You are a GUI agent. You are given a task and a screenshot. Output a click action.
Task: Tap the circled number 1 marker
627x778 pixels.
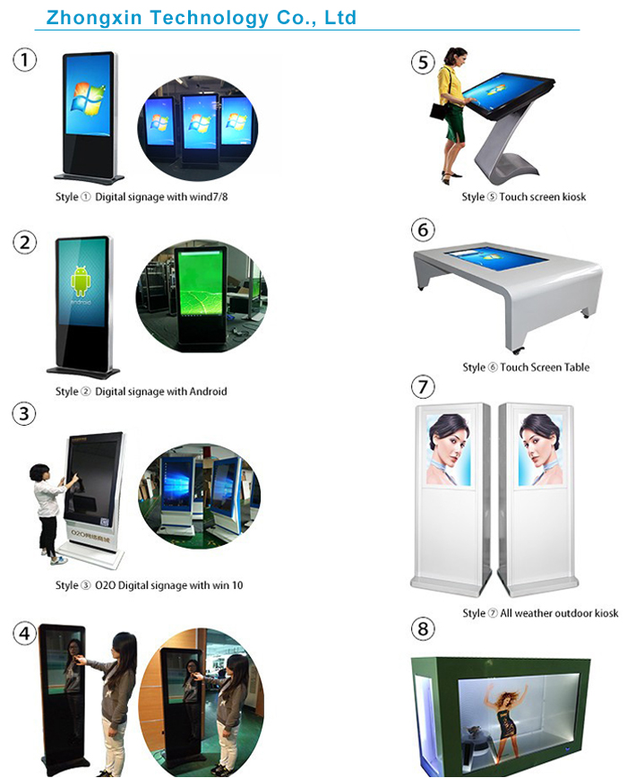pyautogui.click(x=25, y=60)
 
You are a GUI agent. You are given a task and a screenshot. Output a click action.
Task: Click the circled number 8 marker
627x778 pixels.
pyautogui.click(x=424, y=628)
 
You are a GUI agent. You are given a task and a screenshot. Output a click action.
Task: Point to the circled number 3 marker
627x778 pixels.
pyautogui.click(x=25, y=413)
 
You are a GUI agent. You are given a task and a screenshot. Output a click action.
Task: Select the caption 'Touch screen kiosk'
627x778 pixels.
pyautogui.click(x=542, y=196)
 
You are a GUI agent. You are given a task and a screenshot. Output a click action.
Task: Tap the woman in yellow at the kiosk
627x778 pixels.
pyautogui.click(x=453, y=108)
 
